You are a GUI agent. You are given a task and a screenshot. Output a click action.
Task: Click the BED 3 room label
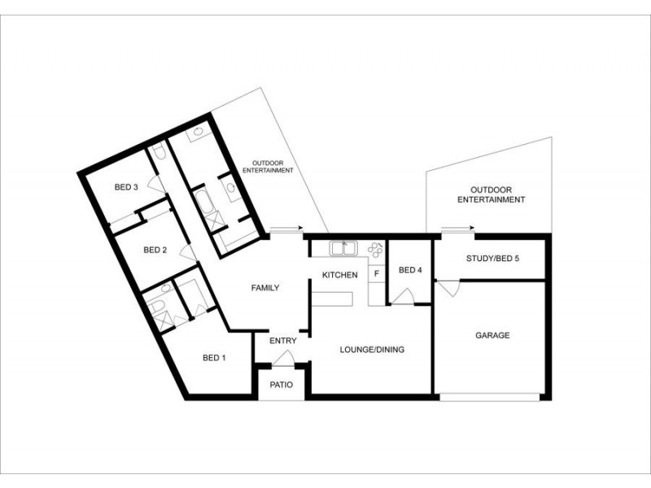point(125,187)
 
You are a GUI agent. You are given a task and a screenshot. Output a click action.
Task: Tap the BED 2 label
point(155,250)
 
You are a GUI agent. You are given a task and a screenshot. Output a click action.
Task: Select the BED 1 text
point(214,358)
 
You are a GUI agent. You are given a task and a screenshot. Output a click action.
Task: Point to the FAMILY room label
point(265,288)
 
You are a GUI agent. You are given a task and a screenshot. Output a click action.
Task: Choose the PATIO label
point(282,385)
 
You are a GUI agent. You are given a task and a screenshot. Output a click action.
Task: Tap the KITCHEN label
point(340,275)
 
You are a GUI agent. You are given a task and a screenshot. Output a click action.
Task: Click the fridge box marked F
point(376,274)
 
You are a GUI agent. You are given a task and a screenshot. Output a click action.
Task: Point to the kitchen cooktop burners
point(375,248)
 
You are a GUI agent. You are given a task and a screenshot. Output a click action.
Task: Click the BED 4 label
point(410,270)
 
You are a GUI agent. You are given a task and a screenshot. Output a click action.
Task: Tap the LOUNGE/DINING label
point(371,350)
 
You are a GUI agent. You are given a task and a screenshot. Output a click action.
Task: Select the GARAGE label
point(492,335)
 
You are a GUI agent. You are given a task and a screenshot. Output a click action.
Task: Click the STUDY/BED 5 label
point(492,259)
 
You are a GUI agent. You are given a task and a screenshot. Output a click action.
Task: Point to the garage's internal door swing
point(448,288)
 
